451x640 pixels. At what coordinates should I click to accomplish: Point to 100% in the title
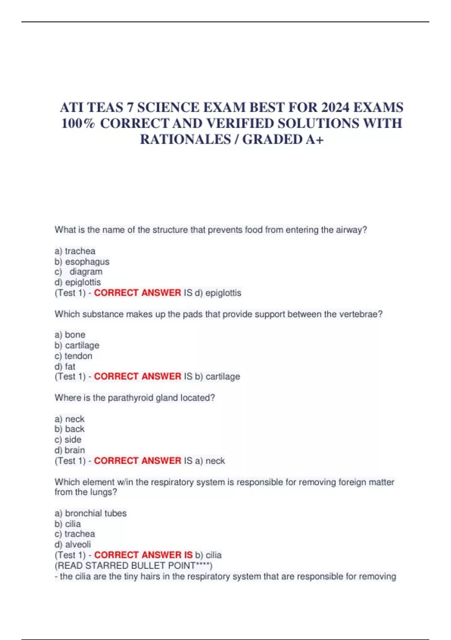point(78,123)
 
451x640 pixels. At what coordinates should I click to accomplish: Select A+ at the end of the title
point(315,140)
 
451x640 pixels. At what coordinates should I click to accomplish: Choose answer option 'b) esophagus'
point(82,262)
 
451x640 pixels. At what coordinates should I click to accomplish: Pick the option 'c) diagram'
point(79,272)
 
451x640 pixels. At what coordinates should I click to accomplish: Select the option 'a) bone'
point(70,335)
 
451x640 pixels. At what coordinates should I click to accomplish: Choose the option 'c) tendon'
point(73,356)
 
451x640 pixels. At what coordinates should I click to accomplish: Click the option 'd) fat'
point(65,366)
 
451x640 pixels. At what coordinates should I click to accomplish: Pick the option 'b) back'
point(70,429)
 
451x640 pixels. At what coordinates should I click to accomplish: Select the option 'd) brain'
point(70,450)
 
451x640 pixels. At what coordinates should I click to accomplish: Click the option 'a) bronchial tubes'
point(91,513)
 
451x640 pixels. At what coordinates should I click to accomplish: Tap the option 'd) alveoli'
point(73,544)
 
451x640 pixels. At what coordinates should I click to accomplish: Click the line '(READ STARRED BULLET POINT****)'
point(133,565)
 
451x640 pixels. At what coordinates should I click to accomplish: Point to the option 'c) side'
point(68,440)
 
